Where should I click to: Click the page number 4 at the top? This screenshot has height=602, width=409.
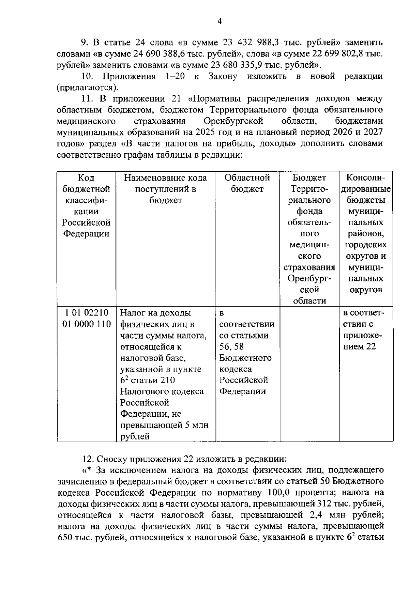(219, 22)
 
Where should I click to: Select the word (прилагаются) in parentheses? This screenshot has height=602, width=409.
(87, 88)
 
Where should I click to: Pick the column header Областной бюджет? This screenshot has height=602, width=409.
(247, 183)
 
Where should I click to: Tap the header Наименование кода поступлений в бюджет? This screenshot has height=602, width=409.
(165, 189)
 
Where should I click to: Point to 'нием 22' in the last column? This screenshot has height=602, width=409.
(359, 346)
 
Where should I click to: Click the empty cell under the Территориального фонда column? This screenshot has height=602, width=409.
(309, 373)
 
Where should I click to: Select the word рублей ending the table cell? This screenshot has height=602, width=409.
(135, 436)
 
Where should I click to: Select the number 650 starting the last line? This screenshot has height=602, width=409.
(64, 537)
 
